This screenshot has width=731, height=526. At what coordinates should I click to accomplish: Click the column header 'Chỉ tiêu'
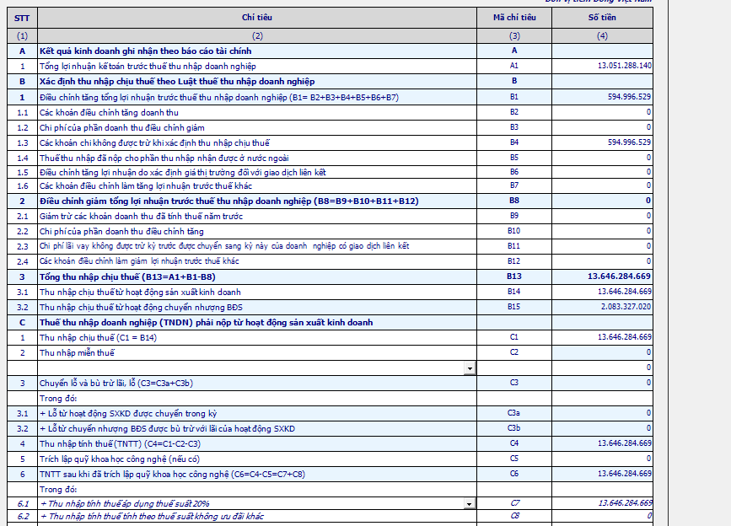point(257,17)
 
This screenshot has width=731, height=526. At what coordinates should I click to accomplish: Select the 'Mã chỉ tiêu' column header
point(514,17)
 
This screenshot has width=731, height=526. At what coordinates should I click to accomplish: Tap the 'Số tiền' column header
point(602,17)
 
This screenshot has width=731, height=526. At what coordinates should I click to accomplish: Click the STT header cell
point(22,17)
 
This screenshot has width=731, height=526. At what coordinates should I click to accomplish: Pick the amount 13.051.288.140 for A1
point(624,66)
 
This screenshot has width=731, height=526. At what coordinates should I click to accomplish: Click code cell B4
point(514,142)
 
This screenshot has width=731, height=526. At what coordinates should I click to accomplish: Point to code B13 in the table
point(514,276)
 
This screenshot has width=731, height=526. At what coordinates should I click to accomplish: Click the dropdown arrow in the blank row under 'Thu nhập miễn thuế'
point(469,368)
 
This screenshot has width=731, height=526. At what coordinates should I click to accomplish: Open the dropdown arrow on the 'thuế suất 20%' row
point(469,503)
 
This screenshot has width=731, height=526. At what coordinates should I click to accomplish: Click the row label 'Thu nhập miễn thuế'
point(77,352)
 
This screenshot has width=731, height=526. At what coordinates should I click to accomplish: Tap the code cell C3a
point(514,413)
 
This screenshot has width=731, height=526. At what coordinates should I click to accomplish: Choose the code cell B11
point(514,246)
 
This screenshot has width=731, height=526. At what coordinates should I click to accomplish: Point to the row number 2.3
point(22,246)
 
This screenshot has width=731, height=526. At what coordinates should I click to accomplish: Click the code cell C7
point(514,503)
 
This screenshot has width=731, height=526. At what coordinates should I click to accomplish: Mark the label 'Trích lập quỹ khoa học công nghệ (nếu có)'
point(120,459)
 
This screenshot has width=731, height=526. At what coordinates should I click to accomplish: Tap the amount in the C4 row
point(624,443)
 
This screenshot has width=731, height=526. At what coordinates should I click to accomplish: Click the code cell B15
point(514,306)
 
